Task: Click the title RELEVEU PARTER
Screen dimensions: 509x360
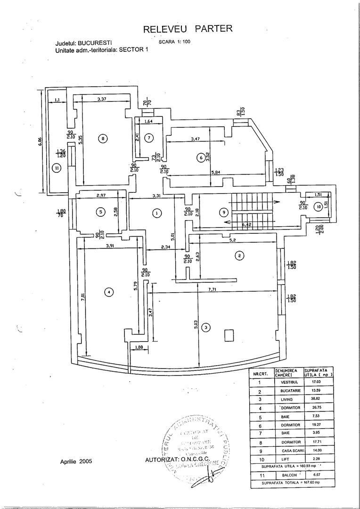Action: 188,29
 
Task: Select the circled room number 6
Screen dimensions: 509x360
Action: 201,158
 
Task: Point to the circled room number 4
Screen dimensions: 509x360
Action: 109,293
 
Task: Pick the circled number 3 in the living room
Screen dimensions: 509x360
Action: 205,326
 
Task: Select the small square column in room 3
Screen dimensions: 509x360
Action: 229,335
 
